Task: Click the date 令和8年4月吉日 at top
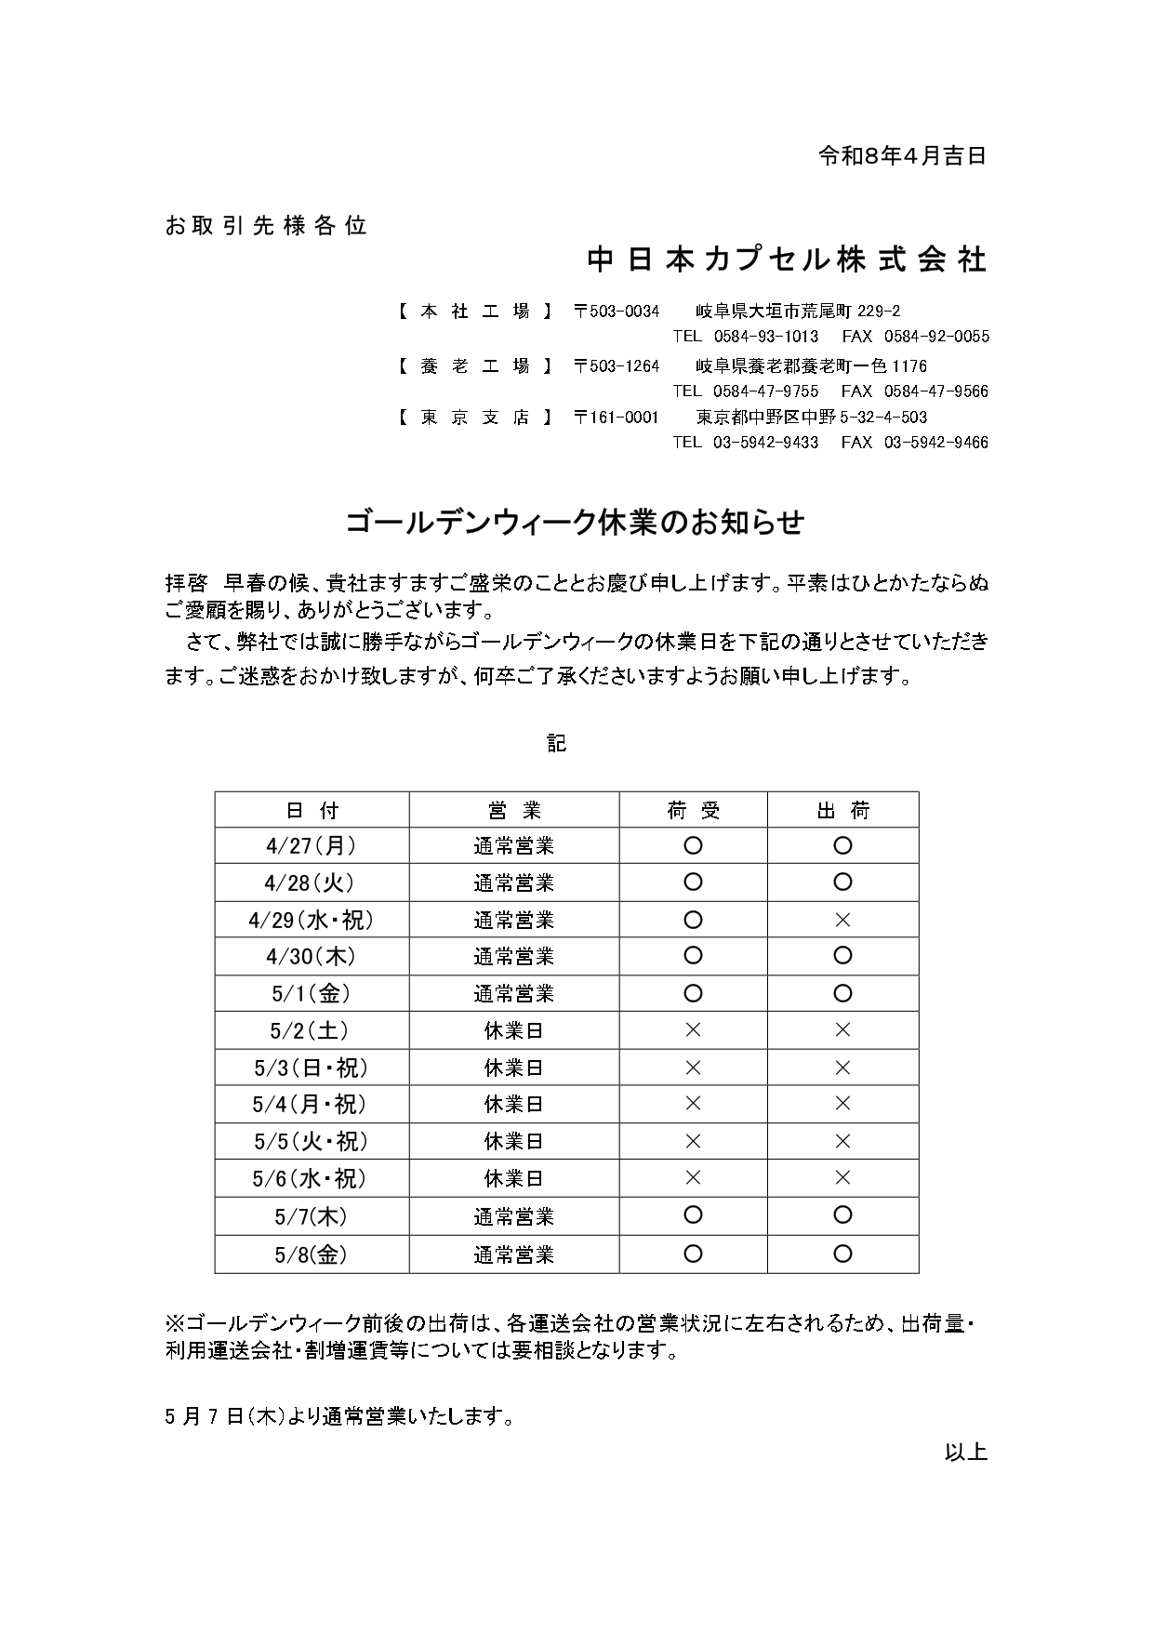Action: (901, 155)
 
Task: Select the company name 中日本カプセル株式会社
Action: (786, 259)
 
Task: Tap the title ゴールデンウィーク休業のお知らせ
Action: (575, 523)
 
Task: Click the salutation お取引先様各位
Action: (266, 225)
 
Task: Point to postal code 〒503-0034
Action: (617, 312)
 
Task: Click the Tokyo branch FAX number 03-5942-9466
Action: (935, 443)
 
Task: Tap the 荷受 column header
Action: (693, 810)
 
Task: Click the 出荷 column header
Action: (842, 810)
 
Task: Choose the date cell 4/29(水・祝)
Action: (312, 920)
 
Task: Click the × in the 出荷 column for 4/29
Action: (842, 920)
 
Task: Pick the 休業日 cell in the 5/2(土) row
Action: (513, 1030)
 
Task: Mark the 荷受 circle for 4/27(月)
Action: (693, 846)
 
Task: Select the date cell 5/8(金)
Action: (312, 1254)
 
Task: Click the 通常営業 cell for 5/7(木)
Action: (513, 1216)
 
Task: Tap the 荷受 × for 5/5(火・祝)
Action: (693, 1141)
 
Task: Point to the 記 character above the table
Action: (556, 743)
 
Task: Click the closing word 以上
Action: (965, 1452)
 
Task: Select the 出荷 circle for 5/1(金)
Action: (842, 993)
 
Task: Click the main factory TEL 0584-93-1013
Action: (765, 337)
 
